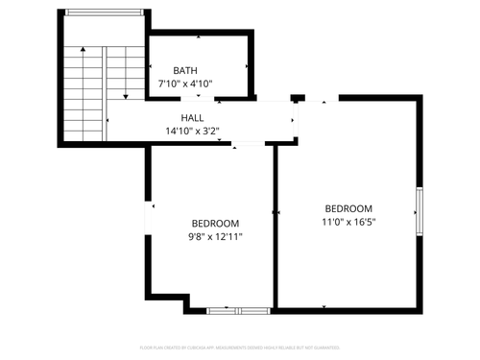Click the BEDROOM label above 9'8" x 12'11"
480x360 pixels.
tap(215, 223)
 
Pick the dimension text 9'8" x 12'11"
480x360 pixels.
tap(215, 236)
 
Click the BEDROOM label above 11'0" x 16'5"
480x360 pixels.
tap(348, 209)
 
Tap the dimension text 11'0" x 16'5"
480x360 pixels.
tap(348, 223)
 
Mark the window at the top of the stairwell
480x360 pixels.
tap(105, 12)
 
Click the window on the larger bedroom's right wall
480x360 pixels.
tap(419, 209)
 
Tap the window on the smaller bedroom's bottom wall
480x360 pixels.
tap(239, 311)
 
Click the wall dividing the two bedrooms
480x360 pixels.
tap(276, 230)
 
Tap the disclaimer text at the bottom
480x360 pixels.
tap(239, 348)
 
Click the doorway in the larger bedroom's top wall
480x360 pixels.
tap(322, 98)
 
